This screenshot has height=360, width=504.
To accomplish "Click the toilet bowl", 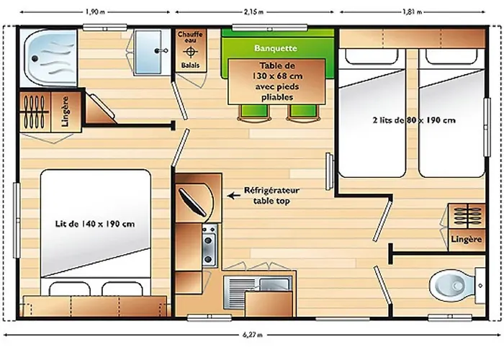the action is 451,285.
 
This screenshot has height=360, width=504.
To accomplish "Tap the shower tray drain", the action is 35,58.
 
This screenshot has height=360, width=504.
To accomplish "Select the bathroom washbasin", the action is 148,52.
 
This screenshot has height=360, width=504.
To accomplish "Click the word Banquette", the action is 276,48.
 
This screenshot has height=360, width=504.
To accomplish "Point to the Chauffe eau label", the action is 190,37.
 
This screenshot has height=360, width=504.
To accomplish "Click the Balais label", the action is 190,66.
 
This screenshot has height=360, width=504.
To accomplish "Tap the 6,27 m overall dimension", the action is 252,335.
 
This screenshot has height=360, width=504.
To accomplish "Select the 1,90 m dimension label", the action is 95,12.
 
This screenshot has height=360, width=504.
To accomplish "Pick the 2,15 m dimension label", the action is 253,12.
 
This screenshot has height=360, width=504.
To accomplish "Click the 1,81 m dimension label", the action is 413,12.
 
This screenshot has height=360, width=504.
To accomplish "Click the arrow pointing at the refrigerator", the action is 234,195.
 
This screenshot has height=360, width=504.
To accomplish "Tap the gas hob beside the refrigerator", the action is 210,246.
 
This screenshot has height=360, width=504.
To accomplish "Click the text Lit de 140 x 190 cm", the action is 95,224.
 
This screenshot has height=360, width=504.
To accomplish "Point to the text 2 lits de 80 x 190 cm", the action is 414,120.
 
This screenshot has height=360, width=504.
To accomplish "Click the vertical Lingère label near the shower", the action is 66,111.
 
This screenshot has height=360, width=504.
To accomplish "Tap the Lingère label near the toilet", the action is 466,240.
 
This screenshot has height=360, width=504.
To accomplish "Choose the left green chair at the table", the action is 253,112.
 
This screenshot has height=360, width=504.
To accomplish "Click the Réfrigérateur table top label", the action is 271,195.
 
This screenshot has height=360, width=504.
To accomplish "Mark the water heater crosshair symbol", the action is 190,51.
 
